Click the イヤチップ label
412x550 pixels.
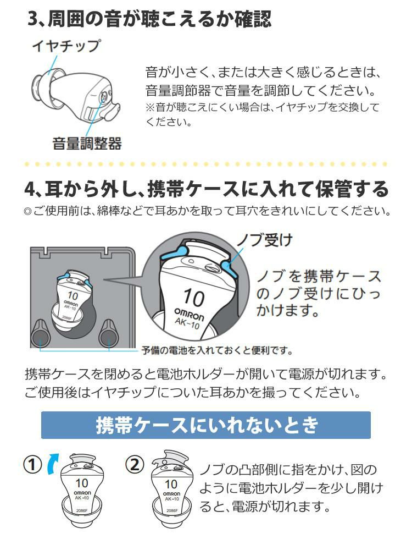[x=66, y=46]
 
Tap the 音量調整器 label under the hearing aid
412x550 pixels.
[x=87, y=144]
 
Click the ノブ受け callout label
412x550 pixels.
[x=265, y=240]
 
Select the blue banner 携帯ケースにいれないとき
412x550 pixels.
[x=206, y=425]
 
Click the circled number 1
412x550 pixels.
[x=32, y=465]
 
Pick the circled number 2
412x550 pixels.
[x=135, y=465]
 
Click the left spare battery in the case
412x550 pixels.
[x=41, y=334]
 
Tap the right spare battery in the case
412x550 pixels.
[x=109, y=334]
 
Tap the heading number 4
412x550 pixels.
[x=30, y=190]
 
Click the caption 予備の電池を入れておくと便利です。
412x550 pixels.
[x=217, y=350]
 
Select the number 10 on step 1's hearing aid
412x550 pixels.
[x=82, y=483]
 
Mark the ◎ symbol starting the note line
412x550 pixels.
[x=28, y=212]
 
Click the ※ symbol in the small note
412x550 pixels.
[x=150, y=107]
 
